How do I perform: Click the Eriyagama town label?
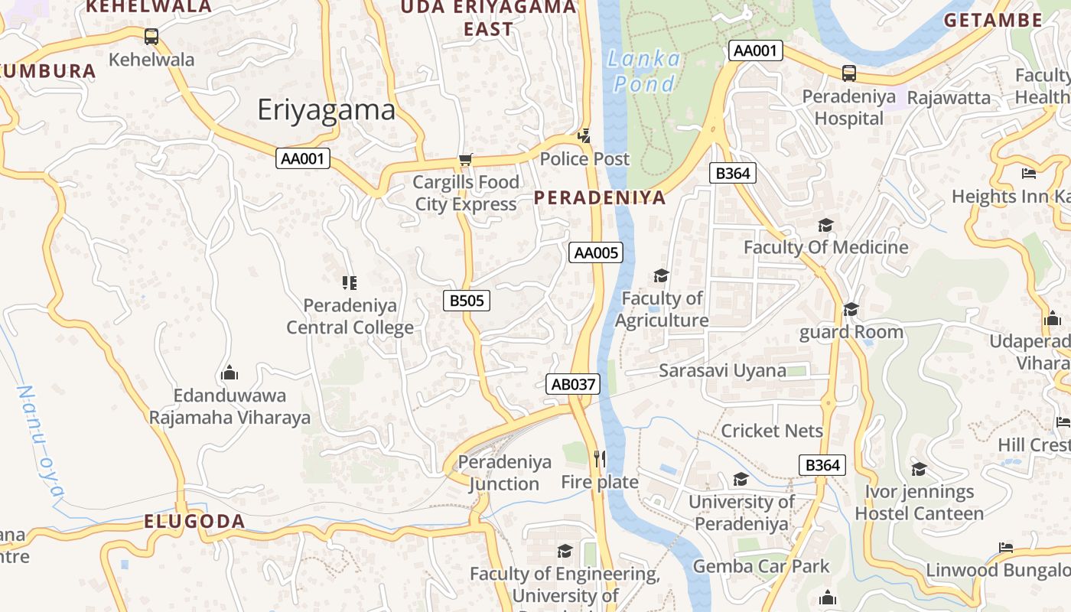[x=327, y=110]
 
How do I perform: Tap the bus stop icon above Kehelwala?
[x=151, y=36]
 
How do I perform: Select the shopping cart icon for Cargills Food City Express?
[x=465, y=160]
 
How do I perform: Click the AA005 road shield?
[x=596, y=252]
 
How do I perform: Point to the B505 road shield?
[x=467, y=301]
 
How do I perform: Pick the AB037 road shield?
[x=573, y=384]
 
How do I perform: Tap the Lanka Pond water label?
[x=643, y=71]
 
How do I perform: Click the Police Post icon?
[x=584, y=136]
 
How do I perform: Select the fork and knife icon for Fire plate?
[x=600, y=459]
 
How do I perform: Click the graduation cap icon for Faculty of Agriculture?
[x=661, y=275]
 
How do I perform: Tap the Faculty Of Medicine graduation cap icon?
[x=825, y=225]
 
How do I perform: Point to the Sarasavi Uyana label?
[x=722, y=371]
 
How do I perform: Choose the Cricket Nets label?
[x=772, y=431]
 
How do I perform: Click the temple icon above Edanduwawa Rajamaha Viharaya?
[x=229, y=373]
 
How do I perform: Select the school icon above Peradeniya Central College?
[x=350, y=283]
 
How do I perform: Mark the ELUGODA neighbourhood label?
[x=195, y=522]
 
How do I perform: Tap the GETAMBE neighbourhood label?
[x=993, y=21]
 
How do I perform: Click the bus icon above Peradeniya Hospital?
[x=849, y=73]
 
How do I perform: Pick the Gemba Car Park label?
[x=760, y=567]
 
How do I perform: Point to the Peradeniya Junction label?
[x=504, y=473]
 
